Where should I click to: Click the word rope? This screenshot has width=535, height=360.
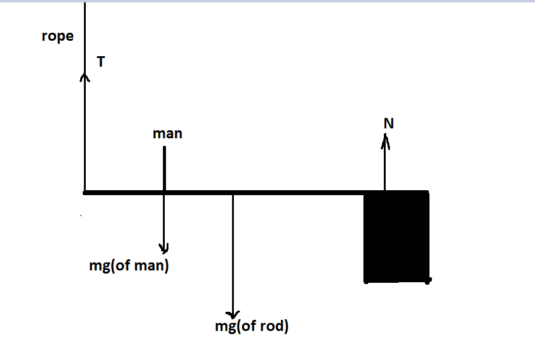tap(57, 36)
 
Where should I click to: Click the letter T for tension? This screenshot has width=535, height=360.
tap(101, 61)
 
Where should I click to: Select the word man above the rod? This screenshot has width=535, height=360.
tap(167, 133)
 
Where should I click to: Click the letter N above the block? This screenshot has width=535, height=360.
tap(388, 123)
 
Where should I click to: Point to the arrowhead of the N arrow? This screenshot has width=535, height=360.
tap(386, 142)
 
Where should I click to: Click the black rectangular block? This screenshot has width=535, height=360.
tap(396, 238)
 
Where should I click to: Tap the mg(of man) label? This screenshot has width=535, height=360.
tap(129, 267)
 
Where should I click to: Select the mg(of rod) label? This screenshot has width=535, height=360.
tap(252, 327)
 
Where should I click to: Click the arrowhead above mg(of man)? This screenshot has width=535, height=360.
tap(164, 248)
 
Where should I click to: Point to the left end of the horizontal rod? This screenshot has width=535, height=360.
tap(85, 193)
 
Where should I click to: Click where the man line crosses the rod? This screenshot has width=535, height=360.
tap(164, 193)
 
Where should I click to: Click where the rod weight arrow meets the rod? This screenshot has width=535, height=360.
tap(233, 193)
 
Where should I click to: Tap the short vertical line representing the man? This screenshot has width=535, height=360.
tap(164, 167)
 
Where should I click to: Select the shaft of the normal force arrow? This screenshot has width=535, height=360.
tap(386, 167)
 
